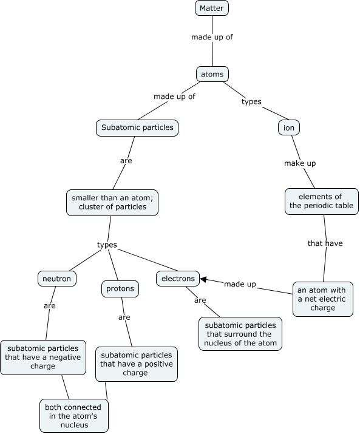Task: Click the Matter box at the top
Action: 212,8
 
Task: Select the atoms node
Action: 212,75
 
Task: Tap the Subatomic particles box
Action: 137,127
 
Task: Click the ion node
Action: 290,127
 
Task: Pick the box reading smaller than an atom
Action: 113,202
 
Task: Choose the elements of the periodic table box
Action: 321,201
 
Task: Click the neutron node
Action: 56,279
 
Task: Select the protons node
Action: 120,289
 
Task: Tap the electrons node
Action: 178,279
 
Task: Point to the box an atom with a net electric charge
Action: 322,299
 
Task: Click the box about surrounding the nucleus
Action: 240,334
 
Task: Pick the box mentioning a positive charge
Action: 136,364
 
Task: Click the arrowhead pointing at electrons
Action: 205,280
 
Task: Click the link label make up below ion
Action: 300,163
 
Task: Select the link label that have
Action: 325,243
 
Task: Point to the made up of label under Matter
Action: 212,37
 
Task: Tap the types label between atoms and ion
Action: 251,101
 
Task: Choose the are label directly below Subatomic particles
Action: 126,161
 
